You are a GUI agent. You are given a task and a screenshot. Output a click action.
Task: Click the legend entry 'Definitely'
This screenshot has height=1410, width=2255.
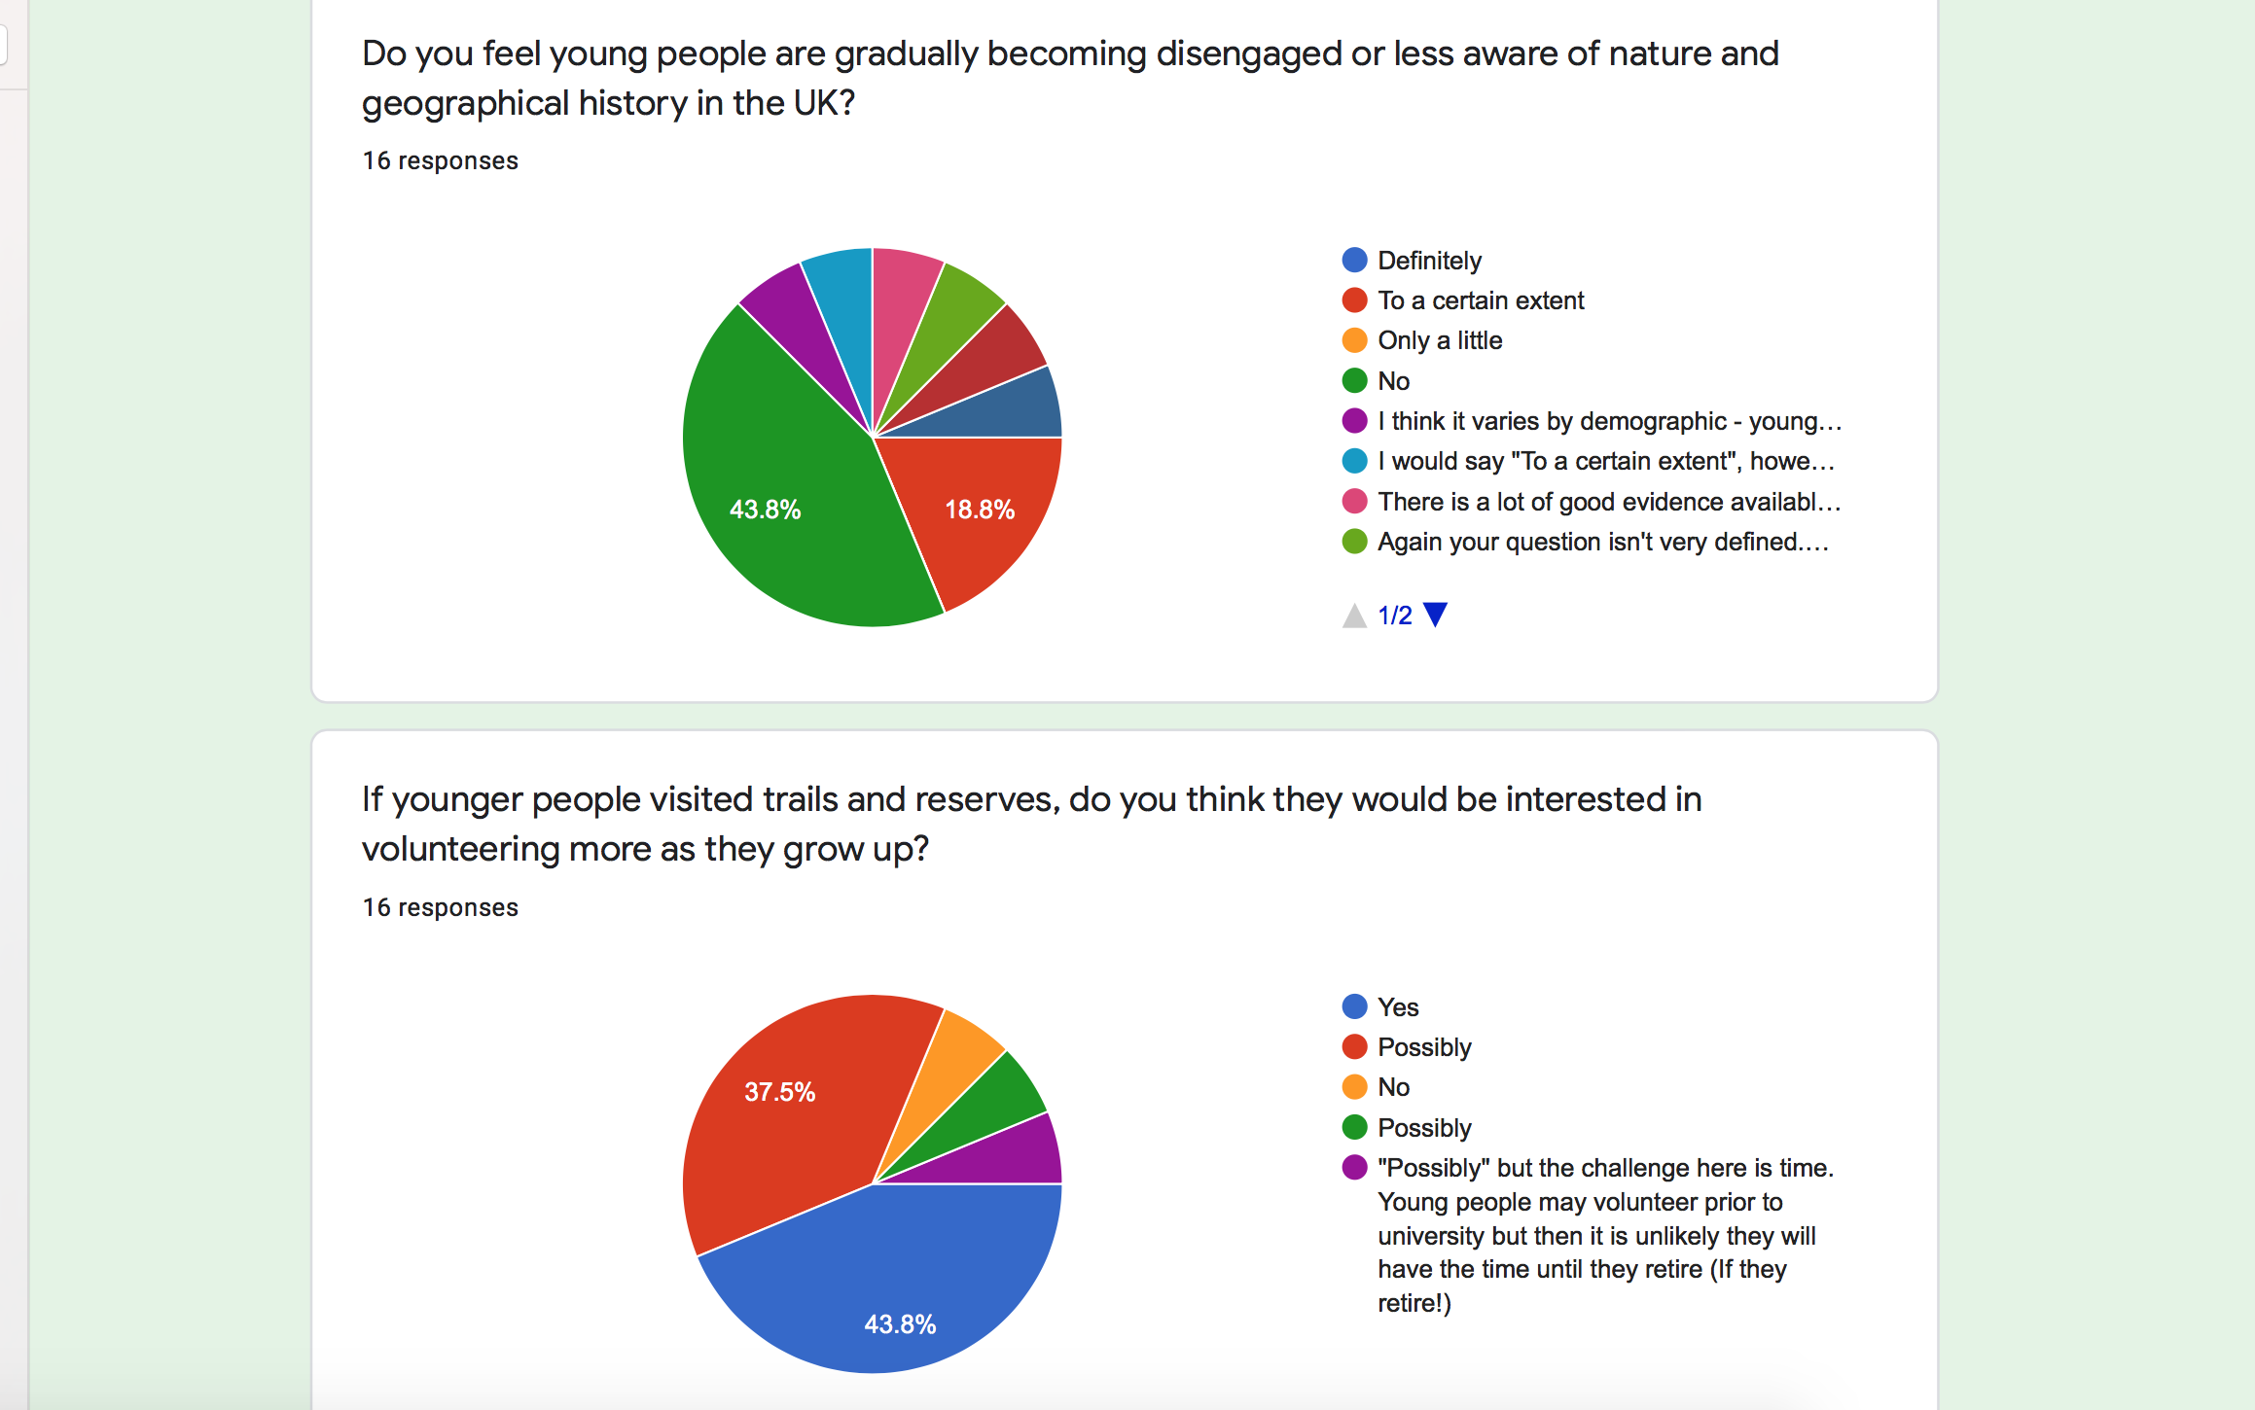coord(1428,261)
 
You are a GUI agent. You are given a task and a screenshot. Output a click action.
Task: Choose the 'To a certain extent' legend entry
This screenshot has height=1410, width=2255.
coord(1480,300)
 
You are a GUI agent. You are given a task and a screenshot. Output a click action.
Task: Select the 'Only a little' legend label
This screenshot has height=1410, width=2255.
coord(1439,340)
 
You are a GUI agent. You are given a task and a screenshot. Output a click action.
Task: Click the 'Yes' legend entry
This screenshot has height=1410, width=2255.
coord(1397,1007)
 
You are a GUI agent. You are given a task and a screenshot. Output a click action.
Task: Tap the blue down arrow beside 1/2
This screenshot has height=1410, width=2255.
coord(1435,615)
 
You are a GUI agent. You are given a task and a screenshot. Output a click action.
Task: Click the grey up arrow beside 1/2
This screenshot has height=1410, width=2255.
coord(1354,616)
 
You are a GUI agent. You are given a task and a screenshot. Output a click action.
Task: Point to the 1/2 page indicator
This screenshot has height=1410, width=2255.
coord(1394,616)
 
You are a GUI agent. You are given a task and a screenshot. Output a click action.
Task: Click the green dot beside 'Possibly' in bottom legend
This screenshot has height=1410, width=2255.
coord(1354,1128)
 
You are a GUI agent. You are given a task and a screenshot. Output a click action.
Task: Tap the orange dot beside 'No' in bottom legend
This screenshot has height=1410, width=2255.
coord(1354,1087)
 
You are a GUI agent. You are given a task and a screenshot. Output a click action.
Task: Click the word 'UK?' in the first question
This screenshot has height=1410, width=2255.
coord(824,103)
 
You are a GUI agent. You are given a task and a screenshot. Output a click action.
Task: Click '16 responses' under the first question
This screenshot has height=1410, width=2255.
coord(440,160)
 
